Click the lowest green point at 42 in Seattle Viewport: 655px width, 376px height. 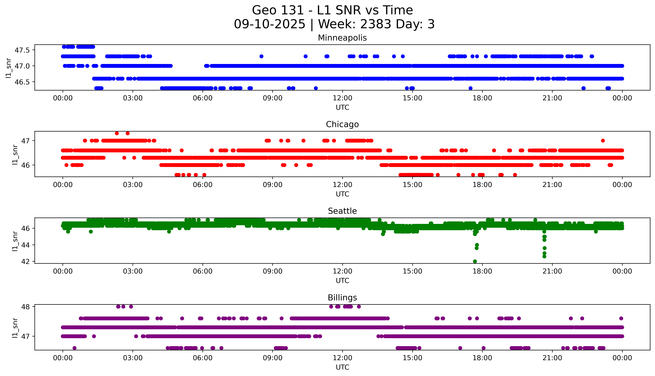pyautogui.click(x=475, y=261)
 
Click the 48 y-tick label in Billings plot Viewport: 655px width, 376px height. pyautogui.click(x=26, y=307)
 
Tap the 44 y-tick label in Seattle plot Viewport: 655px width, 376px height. pyautogui.click(x=26, y=245)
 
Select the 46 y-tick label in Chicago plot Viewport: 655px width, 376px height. pyautogui.click(x=26, y=165)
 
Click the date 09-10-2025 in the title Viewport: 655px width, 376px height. pyautogui.click(x=269, y=24)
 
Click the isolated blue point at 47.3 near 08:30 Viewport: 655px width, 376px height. pyautogui.click(x=261, y=56)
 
